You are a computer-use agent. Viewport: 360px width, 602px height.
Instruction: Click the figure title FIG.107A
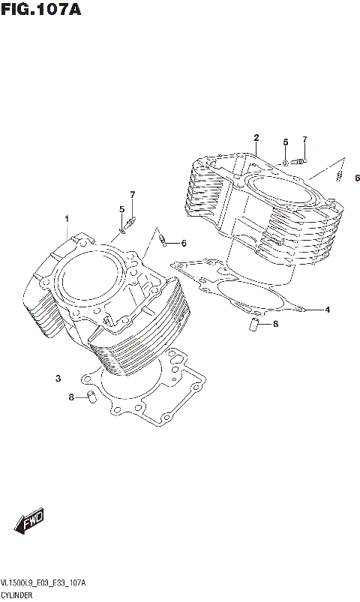[x=40, y=10]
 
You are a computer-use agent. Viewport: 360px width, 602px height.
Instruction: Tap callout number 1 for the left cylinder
[x=67, y=219]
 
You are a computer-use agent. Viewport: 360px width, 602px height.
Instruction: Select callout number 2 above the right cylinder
[x=256, y=137]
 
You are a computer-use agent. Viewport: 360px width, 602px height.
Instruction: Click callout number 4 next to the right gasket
[x=326, y=309]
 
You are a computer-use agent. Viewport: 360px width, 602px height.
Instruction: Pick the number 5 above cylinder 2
[x=285, y=142]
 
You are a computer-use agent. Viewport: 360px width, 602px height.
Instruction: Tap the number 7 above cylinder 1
[x=133, y=195]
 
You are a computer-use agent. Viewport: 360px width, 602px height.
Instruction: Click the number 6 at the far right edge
[x=357, y=178]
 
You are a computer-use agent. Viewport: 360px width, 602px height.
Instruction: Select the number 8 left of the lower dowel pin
[x=71, y=397]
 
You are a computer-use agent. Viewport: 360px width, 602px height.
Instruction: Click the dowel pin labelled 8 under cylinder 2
[x=253, y=324]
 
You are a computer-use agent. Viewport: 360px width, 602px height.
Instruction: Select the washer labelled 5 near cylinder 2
[x=286, y=162]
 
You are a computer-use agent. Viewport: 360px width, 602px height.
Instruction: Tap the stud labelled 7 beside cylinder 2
[x=301, y=160]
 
